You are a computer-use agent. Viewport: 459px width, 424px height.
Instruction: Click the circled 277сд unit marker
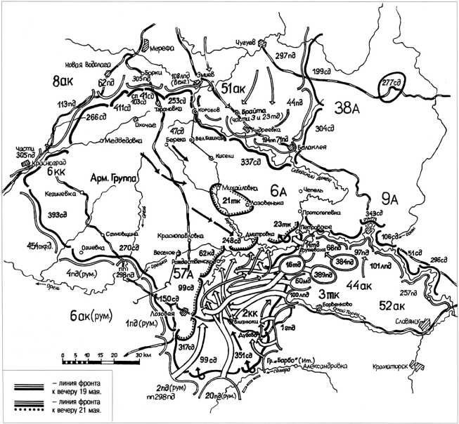(x=391, y=82)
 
